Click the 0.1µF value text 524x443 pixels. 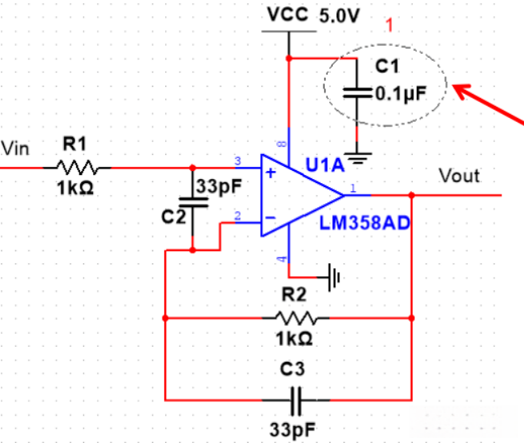coord(398,93)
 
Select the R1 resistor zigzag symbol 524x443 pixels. coord(77,168)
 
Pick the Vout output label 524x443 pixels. coord(459,175)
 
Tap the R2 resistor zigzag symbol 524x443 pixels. coord(295,317)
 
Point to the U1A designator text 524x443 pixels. coord(325,165)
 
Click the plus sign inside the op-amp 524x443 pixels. coord(271,172)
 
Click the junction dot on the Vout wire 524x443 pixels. coord(410,195)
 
